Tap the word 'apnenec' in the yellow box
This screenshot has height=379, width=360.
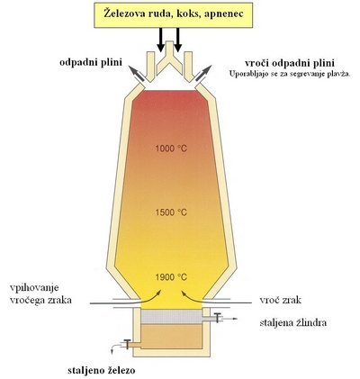(x=223, y=14)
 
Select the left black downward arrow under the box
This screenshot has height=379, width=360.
(x=161, y=40)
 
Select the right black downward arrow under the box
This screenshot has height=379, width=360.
(x=178, y=40)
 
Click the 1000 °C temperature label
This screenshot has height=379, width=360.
(x=171, y=149)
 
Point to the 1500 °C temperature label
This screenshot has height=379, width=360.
(x=171, y=212)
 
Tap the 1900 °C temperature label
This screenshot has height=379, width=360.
(x=171, y=277)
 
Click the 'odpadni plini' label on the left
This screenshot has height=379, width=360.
(x=91, y=63)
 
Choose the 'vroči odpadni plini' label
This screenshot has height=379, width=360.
(x=290, y=64)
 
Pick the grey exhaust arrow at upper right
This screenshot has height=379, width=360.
(x=204, y=72)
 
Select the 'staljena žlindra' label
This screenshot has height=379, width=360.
(x=293, y=323)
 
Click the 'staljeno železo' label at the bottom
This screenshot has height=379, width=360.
(x=102, y=371)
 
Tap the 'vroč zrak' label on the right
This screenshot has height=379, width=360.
(x=280, y=300)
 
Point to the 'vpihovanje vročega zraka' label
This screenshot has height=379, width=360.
(x=40, y=293)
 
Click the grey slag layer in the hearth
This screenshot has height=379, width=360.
(x=171, y=317)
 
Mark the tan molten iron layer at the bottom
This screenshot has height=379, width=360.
(x=171, y=337)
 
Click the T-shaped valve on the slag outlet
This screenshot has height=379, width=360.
(x=218, y=318)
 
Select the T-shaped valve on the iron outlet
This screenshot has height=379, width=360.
(x=127, y=344)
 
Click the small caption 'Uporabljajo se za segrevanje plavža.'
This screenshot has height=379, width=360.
(x=290, y=74)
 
